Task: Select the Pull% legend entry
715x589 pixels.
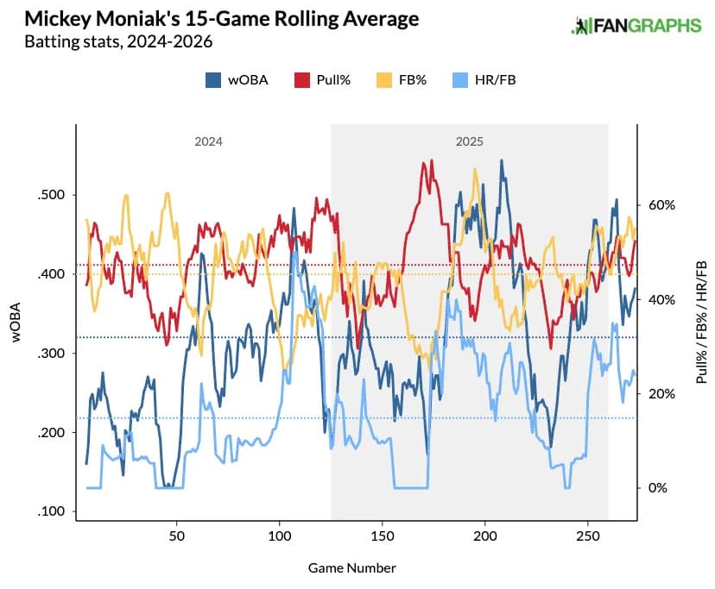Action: point(322,80)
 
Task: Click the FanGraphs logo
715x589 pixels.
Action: point(636,26)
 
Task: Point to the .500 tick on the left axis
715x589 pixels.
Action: point(51,195)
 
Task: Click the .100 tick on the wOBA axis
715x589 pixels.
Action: point(51,512)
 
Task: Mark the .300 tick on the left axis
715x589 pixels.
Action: point(51,354)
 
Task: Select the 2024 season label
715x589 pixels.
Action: point(209,141)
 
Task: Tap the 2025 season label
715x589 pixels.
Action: point(470,141)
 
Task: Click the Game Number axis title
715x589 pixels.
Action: point(351,568)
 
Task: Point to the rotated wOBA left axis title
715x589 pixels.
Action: point(16,323)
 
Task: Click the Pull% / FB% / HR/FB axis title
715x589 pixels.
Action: point(700,323)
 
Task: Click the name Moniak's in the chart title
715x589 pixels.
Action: point(131,19)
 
